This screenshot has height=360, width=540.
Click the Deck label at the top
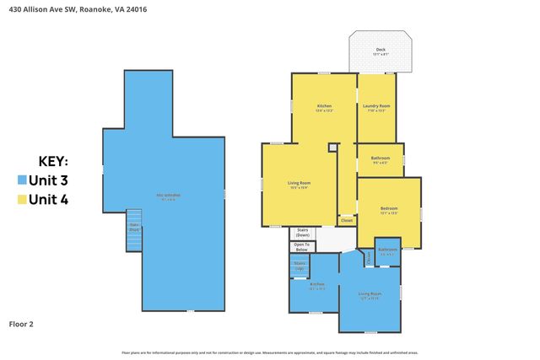[381, 51]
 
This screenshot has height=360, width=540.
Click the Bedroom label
[388, 210]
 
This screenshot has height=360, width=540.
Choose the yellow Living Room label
[299, 185]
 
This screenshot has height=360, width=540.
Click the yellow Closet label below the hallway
[346, 220]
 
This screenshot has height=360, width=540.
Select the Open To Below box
[300, 247]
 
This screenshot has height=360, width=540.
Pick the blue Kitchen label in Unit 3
[316, 286]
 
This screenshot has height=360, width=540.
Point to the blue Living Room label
[370, 295]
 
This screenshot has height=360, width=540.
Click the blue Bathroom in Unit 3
[387, 250]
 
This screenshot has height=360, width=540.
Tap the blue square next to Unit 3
[22, 180]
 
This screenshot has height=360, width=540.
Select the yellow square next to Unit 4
[22, 200]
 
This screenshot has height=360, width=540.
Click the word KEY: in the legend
[54, 161]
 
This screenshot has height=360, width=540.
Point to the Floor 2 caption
[21, 323]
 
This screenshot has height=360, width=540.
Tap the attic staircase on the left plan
[133, 229]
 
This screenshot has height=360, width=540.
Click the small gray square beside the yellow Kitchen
[333, 148]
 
